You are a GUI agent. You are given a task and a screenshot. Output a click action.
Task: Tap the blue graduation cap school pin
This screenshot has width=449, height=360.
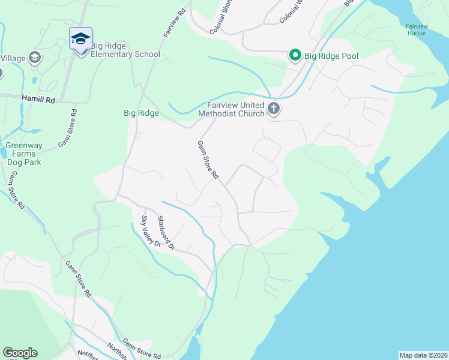coord(80,40)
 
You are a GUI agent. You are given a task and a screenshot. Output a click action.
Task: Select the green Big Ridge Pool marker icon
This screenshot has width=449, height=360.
coord(295,56)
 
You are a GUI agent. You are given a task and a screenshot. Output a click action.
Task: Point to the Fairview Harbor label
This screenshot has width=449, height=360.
coord(415,29)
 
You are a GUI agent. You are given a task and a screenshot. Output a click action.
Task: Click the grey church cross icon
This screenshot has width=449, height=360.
coord(274,109)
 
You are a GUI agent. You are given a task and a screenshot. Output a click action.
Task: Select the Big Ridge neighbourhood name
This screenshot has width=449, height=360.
coord(141,113)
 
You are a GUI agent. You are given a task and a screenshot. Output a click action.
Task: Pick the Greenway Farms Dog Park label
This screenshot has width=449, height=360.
coord(23,154)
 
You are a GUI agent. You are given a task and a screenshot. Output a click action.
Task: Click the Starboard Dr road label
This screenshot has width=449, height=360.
coord(166,233)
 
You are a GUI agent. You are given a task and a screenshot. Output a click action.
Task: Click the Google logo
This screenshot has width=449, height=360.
coord(20,353)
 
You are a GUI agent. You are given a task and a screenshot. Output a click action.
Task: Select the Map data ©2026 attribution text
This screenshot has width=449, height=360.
coord(423,355)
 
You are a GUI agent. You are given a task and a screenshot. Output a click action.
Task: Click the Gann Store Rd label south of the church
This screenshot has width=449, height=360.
coord(208,160)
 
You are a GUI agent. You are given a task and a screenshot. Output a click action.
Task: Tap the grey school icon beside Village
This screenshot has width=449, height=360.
coord(35,58)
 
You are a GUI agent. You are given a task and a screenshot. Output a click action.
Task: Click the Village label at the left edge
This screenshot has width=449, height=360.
coord(12,59)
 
